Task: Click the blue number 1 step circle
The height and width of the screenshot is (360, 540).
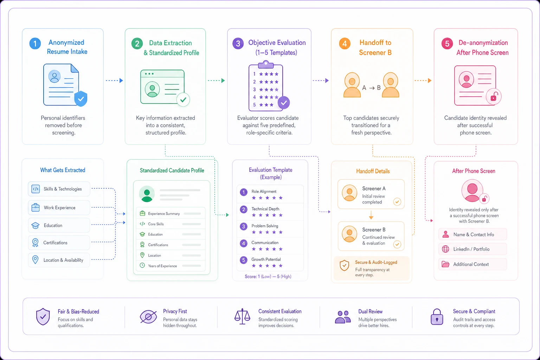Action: click(35, 43)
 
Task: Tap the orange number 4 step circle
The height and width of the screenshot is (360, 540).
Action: click(345, 44)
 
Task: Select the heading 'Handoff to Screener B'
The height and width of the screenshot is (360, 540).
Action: click(375, 47)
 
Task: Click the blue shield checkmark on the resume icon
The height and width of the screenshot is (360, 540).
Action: click(81, 98)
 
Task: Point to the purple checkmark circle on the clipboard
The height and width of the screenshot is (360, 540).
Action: click(284, 102)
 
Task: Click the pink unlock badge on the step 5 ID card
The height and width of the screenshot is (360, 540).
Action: click(494, 97)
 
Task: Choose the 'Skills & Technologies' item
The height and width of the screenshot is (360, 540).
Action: click(59, 189)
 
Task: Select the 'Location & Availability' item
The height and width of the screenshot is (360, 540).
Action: click(59, 260)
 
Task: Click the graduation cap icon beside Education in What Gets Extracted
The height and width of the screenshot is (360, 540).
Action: click(36, 225)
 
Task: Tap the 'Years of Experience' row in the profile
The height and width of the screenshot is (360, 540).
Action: click(171, 266)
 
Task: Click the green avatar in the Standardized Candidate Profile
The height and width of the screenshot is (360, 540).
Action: click(147, 194)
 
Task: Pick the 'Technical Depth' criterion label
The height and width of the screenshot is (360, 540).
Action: click(265, 209)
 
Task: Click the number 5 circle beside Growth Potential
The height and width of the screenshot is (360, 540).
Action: click(244, 260)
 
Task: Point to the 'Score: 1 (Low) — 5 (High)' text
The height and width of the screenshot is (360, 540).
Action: click(268, 276)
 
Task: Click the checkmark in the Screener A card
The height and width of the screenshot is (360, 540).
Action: click(397, 201)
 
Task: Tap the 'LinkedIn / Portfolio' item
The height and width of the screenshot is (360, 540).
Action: click(472, 249)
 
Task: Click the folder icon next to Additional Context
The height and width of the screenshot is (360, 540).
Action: click(445, 264)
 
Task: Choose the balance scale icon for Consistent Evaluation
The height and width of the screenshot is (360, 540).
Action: click(242, 316)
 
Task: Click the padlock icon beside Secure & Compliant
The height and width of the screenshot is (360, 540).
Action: click(437, 317)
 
